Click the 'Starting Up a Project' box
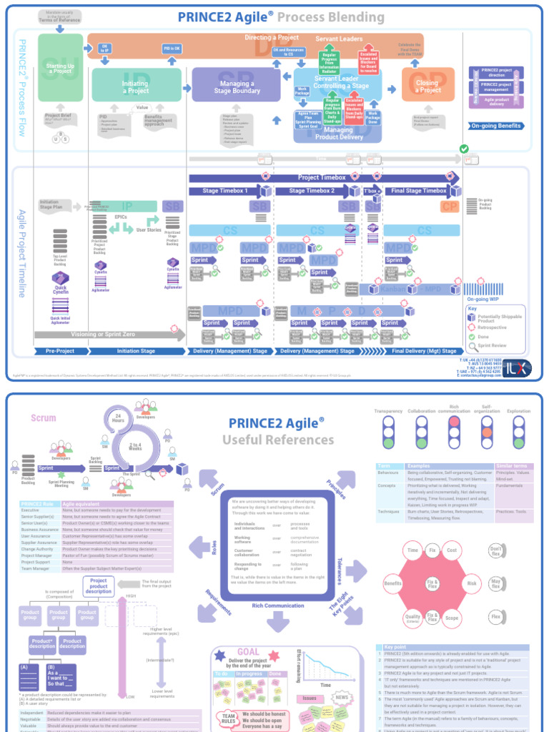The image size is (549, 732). point(60,69)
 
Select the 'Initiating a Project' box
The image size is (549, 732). point(136,86)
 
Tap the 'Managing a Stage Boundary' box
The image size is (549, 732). point(237,87)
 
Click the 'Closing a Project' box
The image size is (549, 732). point(427,86)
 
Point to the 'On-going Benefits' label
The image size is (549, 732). point(496,126)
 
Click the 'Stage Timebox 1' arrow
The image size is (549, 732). point(226,191)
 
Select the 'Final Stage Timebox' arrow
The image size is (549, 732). point(417,191)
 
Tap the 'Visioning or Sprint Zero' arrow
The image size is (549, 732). point(104,334)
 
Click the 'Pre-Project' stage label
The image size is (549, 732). point(60,351)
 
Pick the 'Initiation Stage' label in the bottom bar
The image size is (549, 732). point(136,351)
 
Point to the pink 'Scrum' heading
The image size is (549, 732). point(44,418)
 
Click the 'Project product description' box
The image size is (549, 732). point(99,586)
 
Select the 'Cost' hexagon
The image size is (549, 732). point(452,550)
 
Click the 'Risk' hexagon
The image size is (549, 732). point(472,583)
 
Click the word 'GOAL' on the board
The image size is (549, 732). point(249,652)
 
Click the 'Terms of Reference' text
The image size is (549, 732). point(59,20)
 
